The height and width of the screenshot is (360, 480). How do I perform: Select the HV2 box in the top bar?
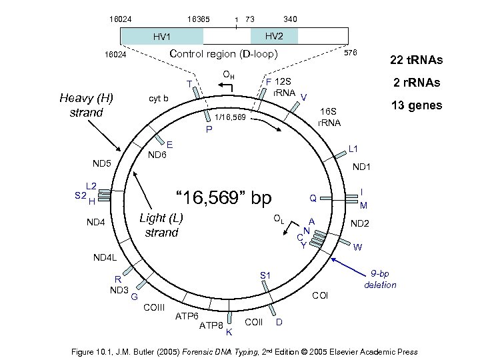(274, 35)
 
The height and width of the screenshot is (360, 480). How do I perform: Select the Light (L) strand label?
(161, 225)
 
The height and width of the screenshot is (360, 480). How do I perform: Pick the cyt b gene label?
(158, 99)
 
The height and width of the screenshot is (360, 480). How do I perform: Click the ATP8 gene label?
(211, 325)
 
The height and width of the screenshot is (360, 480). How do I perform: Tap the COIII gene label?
(154, 307)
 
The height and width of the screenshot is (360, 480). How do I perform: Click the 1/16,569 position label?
(230, 118)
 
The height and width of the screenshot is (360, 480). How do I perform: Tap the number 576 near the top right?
(350, 52)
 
